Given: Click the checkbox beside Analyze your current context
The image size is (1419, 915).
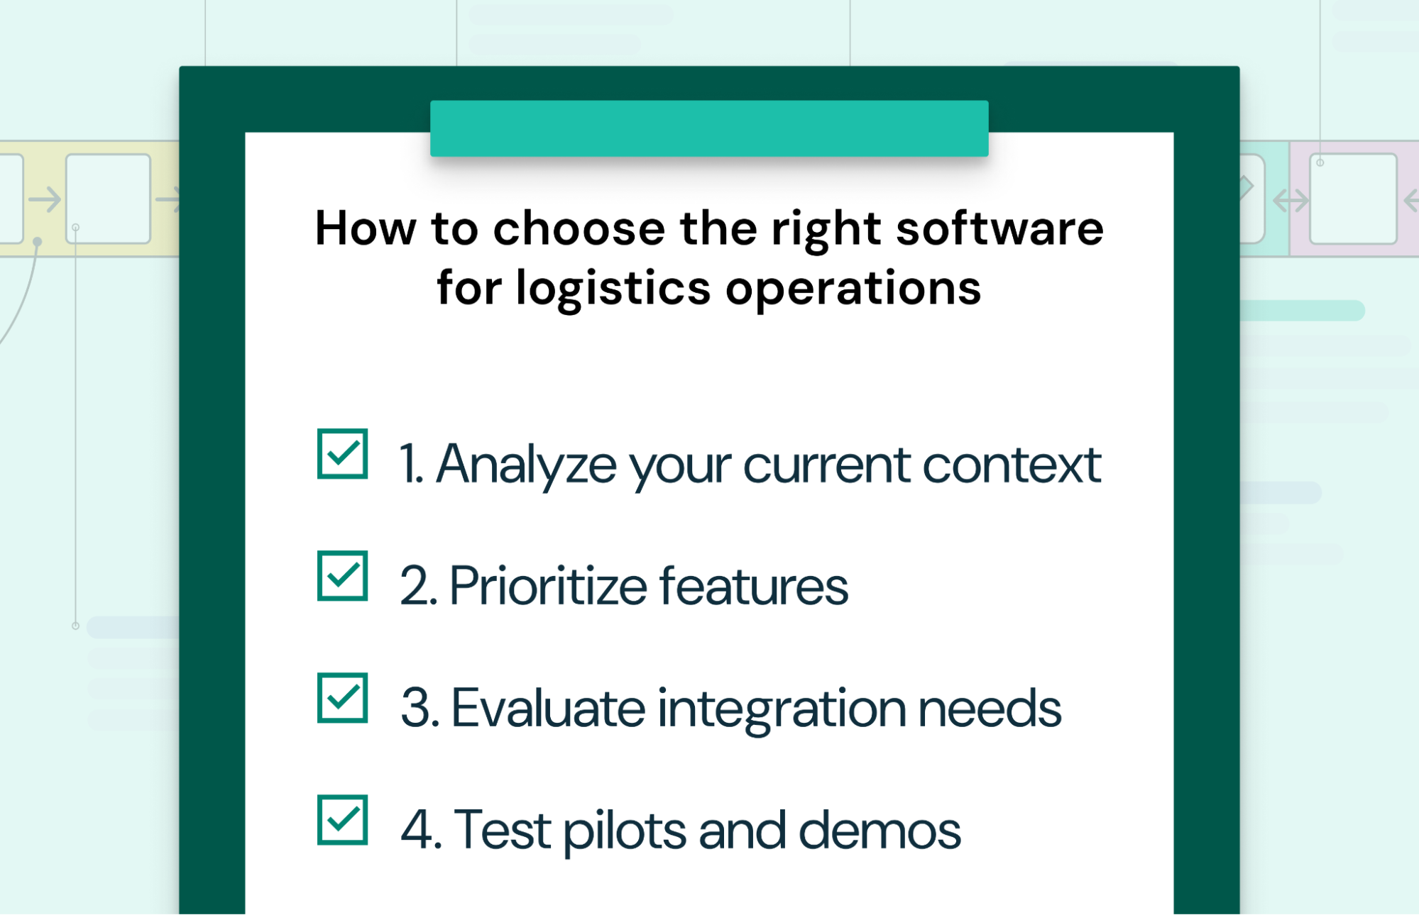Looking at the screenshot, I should coord(342,454).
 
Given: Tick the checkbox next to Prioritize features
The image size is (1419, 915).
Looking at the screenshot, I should coord(342,576).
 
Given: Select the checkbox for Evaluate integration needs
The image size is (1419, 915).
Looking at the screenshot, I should coord(342,698).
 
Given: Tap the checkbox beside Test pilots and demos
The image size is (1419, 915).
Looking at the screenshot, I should coord(342,820).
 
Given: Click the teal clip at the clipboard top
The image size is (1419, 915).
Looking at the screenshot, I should coord(708,128).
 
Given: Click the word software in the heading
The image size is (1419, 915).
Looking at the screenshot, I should coord(999,228).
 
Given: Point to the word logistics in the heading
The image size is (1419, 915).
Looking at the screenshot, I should coord(613,289).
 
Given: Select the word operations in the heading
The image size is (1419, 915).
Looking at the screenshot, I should coord(853,289).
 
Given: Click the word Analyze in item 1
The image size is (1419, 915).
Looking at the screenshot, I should coord(526,465).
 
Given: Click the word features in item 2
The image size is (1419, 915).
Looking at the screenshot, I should coord(753,587).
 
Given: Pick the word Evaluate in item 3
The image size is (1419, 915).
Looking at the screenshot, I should coord(547,708).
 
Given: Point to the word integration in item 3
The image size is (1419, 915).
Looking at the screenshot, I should coord(781,709).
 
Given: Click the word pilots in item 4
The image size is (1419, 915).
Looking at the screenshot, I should coord(625,831).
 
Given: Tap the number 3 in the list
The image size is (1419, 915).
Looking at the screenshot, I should coord(416,708).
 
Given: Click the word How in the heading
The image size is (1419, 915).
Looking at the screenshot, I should coord(365,228).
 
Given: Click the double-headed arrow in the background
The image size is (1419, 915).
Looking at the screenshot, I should coord(1291,201).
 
